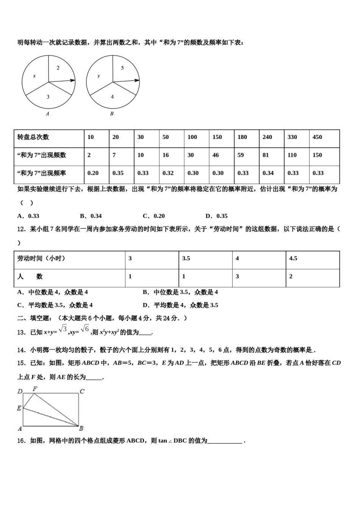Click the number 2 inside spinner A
coord(58,68)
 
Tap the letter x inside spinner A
coord(34,76)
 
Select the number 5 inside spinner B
coord(122,68)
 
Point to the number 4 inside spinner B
coord(112,97)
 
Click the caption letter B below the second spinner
coord(112,114)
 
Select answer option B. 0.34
coord(91,216)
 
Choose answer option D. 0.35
coord(216,216)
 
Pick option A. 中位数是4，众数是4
coord(53,292)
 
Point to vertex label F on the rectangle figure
coord(35,389)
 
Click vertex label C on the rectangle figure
coord(82,392)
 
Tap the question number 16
coord(21,441)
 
